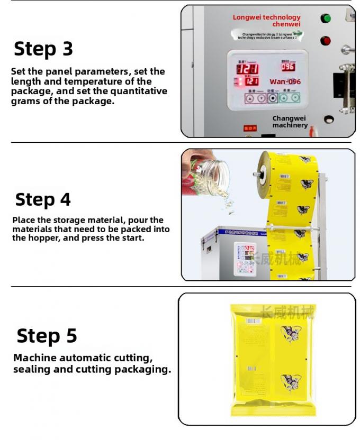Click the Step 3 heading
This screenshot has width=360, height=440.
43,49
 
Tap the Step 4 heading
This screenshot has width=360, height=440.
43,199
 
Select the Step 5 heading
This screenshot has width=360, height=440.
47,336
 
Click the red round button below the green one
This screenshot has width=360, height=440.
326,41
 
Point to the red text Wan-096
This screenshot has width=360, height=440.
285,82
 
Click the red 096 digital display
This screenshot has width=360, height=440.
287,67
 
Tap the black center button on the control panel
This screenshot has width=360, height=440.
272,98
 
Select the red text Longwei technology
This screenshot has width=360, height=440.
266,18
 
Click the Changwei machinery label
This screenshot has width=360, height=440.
290,122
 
